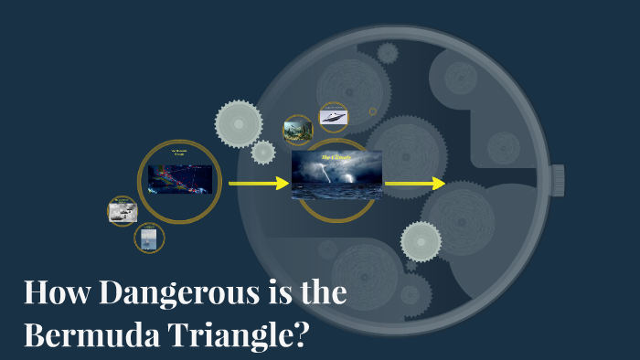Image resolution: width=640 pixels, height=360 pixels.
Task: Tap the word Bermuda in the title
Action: click(87, 334)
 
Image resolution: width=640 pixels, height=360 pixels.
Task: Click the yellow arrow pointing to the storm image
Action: click(258, 184)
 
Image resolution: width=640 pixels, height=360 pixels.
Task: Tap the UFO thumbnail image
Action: click(333, 117)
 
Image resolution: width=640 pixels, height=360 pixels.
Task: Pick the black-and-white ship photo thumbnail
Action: click(123, 211)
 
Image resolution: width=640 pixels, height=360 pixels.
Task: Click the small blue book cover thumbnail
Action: click(149, 238)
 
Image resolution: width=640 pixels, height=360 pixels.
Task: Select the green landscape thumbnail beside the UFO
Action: click(298, 130)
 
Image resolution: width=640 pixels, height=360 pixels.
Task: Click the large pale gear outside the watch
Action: click(239, 122)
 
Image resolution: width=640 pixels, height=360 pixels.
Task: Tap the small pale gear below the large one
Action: click(262, 153)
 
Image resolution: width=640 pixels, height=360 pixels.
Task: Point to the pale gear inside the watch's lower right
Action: click(421, 241)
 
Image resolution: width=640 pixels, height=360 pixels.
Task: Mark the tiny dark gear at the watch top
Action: click(388, 53)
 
